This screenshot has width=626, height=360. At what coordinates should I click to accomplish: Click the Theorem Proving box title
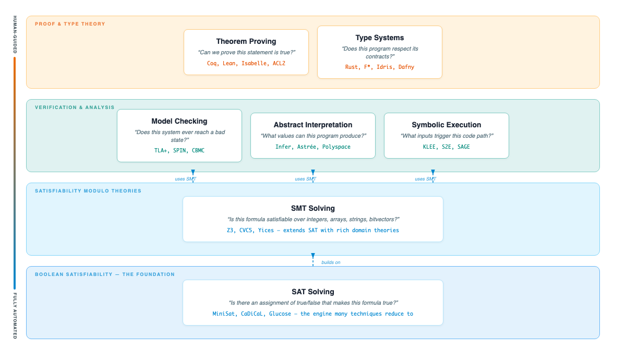[246, 41]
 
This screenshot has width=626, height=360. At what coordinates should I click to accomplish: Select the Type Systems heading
[380, 38]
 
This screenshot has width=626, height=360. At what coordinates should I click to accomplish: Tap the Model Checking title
[179, 121]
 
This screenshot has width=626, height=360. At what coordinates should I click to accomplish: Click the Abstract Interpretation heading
[313, 125]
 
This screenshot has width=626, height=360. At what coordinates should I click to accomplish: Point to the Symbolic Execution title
[447, 125]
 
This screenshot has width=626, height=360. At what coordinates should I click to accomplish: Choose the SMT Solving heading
[313, 208]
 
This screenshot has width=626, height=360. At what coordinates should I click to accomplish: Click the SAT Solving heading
[313, 292]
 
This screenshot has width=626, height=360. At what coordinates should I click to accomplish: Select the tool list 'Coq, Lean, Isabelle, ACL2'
[246, 63]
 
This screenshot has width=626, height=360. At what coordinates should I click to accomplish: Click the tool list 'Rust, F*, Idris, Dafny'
[380, 67]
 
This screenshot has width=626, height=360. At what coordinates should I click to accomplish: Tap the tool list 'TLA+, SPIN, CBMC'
[179, 150]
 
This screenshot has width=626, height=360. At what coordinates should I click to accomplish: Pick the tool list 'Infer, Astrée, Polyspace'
[313, 147]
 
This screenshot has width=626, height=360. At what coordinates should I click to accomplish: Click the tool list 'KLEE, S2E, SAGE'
[447, 147]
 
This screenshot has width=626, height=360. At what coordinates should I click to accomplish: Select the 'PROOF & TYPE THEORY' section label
[70, 24]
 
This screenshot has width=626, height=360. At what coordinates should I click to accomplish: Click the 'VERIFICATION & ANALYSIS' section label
[75, 107]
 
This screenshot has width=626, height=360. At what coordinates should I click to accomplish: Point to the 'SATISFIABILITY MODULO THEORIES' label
[88, 191]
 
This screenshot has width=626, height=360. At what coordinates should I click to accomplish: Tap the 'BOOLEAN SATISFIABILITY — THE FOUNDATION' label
[105, 274]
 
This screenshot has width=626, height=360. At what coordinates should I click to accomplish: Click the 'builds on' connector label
[331, 262]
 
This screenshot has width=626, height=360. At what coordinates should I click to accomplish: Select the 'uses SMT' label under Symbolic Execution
[426, 179]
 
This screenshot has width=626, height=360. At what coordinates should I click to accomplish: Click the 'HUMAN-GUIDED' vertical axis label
[15, 34]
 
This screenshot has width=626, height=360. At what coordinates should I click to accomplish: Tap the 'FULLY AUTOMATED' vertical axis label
[15, 316]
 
